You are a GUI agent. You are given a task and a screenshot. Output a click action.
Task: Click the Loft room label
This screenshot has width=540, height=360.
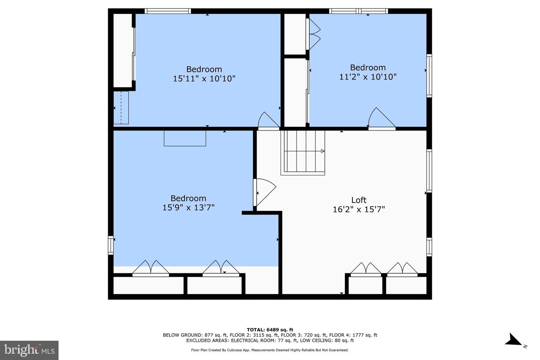(359, 200)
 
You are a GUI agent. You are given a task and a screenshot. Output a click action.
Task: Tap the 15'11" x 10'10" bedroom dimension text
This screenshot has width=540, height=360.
(204, 79)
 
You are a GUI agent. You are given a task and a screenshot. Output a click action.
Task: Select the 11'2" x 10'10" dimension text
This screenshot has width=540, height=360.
(367, 77)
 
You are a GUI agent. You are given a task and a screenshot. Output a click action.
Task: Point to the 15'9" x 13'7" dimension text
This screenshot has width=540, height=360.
(188, 207)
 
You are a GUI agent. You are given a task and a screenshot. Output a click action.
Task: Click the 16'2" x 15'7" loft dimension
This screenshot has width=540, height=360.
(359, 209)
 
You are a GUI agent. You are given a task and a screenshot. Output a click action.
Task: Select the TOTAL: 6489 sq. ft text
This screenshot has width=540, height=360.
(270, 330)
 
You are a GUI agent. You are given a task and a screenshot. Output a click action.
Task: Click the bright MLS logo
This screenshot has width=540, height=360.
(29, 350)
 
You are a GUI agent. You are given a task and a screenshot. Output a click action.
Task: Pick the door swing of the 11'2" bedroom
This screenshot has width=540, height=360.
(381, 118)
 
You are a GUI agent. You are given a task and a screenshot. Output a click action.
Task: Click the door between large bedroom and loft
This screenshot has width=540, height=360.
(264, 192)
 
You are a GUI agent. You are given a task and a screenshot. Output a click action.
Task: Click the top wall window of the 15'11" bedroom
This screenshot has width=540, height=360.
(168, 11)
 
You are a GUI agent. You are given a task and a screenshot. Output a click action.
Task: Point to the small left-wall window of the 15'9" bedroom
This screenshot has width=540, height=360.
(111, 245)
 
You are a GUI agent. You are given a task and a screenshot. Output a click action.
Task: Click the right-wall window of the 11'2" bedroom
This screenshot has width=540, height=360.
(429, 76)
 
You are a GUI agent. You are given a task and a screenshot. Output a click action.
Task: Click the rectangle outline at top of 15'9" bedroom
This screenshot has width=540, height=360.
(185, 138)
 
